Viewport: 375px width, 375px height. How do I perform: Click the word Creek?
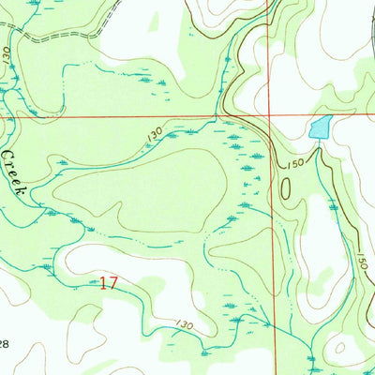[x=14, y=170]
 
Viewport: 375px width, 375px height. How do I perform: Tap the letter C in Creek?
[x=6, y=152]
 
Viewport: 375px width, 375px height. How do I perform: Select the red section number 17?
[x=108, y=282]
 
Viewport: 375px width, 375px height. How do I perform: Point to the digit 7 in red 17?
[x=112, y=282]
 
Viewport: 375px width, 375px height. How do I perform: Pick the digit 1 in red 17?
[x=103, y=282]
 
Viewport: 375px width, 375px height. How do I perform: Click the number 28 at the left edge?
[x=5, y=345]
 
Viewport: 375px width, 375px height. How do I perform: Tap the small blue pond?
[x=321, y=127]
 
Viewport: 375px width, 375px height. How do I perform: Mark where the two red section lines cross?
[x=272, y=118]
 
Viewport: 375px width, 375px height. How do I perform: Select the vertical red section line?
[x=275, y=234]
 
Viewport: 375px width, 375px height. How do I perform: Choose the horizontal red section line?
[x=141, y=118]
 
